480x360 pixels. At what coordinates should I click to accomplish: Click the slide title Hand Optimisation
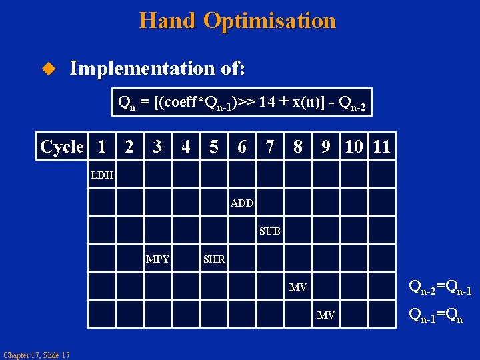pos(237,21)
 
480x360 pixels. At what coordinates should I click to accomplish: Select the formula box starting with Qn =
pos(242,102)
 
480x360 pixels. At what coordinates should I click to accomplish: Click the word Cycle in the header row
pos(62,147)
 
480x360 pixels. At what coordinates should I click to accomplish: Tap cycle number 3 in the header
pos(157,147)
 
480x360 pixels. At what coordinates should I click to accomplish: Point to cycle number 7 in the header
pos(269,147)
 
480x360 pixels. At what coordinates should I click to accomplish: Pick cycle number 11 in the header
pos(381,147)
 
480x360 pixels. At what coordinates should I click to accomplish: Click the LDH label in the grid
pos(102,175)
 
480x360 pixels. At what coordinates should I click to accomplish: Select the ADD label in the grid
pos(242,203)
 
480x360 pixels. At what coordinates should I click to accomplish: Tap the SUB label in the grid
pos(270,231)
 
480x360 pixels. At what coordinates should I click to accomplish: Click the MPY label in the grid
pos(158,259)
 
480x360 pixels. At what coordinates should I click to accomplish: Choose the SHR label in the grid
pos(214,259)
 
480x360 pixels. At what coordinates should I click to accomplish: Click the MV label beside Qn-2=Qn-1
pos(298,287)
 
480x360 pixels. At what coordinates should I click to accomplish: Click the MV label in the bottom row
pos(326,315)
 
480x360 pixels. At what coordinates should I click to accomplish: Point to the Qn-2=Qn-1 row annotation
pos(440,287)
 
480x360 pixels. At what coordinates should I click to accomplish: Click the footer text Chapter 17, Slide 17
pos(37,355)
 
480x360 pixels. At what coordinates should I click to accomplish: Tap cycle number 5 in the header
pos(213,147)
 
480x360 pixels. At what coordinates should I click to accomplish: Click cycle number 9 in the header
pos(325,147)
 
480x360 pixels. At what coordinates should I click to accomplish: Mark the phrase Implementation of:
pos(157,68)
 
